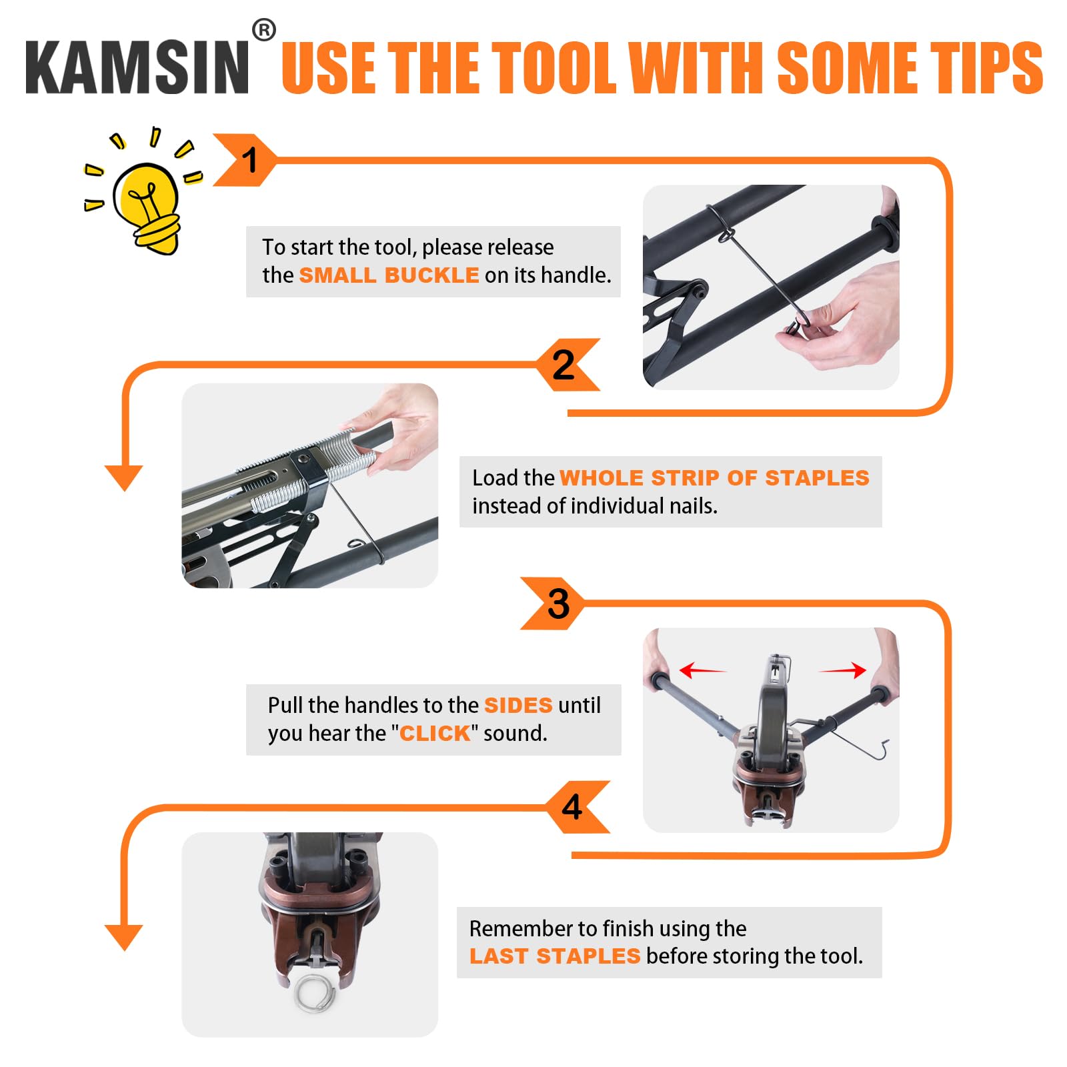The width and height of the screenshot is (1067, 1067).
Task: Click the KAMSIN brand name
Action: (x=137, y=67)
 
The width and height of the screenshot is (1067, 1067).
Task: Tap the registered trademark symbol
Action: (x=264, y=30)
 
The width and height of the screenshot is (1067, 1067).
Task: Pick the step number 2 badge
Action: (x=568, y=365)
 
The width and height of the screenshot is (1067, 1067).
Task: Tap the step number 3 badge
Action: (x=554, y=604)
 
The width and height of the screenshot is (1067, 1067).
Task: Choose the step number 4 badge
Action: (x=576, y=807)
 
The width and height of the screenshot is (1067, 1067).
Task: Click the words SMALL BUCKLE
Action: (x=389, y=275)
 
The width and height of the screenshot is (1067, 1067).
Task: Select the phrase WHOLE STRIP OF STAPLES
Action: (x=714, y=477)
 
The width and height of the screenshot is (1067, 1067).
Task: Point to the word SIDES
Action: (x=518, y=705)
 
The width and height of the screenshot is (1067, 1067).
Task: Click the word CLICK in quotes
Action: (x=435, y=734)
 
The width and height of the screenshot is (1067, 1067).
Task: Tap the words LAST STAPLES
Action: (x=555, y=956)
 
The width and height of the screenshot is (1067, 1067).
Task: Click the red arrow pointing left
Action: (x=702, y=670)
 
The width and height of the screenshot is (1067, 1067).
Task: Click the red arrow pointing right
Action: (x=842, y=670)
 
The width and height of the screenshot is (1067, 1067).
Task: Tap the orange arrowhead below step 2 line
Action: (x=124, y=477)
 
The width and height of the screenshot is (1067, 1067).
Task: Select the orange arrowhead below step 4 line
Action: (x=124, y=937)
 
